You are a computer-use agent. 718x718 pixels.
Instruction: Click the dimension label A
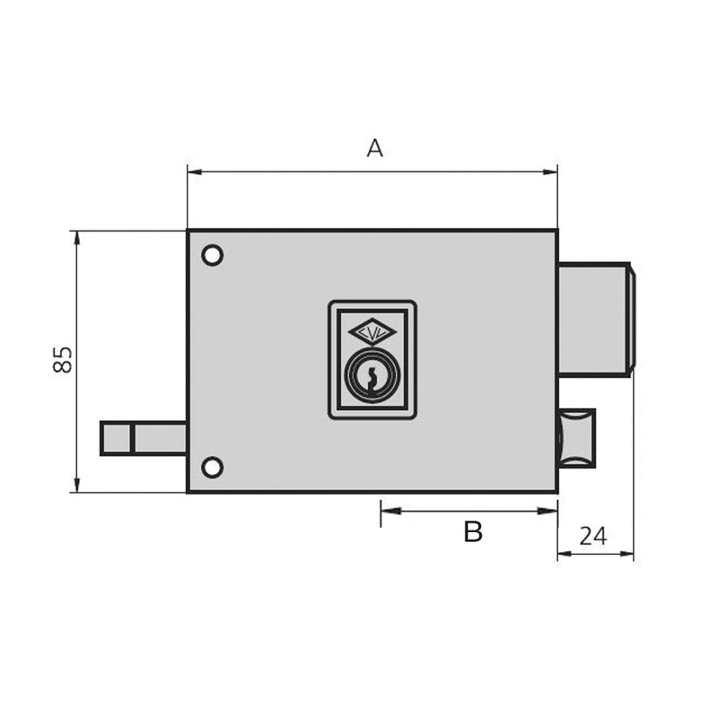coord(374,148)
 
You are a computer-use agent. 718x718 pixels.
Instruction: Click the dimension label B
coord(473,532)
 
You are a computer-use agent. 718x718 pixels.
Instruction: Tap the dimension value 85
coord(62,360)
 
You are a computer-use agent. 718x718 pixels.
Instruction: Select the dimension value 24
coord(592,536)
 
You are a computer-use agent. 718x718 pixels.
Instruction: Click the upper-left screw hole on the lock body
coord(212,256)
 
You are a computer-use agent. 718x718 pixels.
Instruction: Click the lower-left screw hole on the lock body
coord(212,467)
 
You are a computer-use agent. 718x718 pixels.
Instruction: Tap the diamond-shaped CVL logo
coord(372,333)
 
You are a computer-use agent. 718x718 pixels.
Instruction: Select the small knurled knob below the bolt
coord(576,437)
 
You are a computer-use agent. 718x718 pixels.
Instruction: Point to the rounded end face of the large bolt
coord(632,319)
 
